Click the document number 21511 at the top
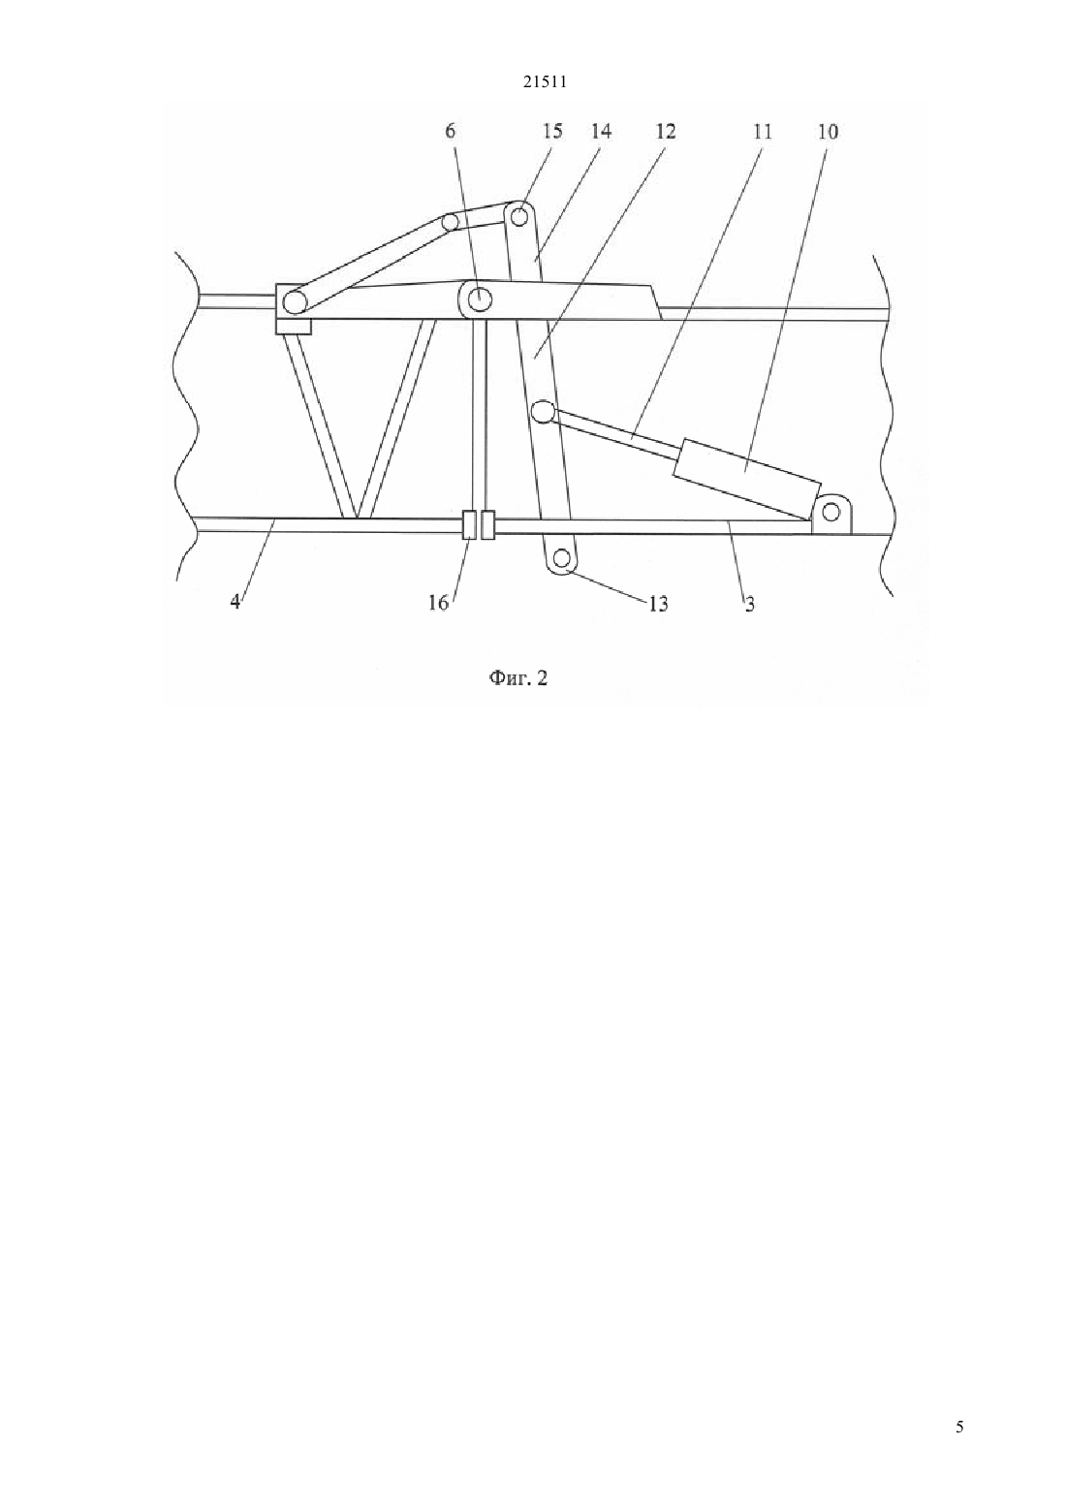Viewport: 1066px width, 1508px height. (545, 82)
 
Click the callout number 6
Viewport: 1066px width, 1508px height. (450, 131)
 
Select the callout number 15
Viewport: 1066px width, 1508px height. (551, 131)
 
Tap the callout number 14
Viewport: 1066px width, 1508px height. (601, 131)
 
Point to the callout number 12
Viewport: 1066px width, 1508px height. (665, 131)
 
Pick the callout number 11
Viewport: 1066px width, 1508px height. (762, 131)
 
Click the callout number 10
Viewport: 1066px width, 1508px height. (828, 131)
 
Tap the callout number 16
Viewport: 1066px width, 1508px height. (438, 603)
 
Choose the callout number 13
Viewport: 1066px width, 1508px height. (658, 604)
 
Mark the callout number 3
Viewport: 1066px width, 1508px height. (750, 604)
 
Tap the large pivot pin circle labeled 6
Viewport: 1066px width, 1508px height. (480, 297)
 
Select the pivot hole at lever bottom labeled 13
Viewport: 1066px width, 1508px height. (563, 557)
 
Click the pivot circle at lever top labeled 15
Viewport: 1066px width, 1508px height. (518, 217)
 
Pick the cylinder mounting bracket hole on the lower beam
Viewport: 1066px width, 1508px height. (831, 513)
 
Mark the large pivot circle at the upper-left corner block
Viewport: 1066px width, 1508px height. (294, 302)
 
